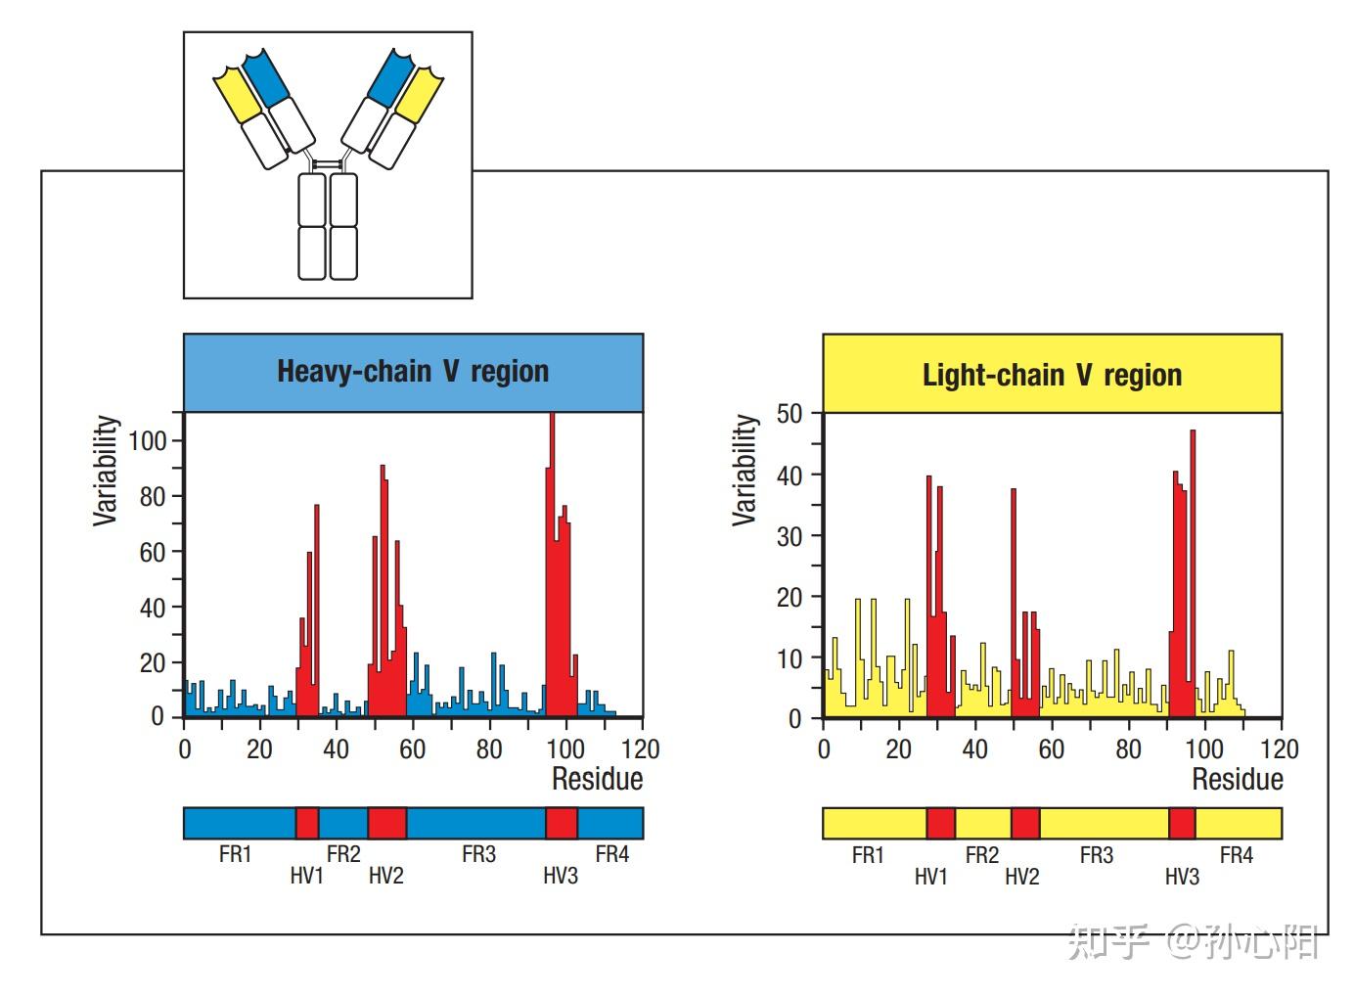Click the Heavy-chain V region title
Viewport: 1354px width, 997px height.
[413, 371]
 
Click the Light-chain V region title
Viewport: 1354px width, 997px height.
[1052, 375]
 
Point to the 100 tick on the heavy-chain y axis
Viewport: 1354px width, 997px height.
[148, 440]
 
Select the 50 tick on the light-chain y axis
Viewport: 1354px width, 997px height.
[790, 414]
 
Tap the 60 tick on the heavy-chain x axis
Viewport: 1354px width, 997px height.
[412, 749]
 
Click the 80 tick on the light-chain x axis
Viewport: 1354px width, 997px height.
[1128, 749]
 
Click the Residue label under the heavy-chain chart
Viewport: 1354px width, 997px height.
[597, 779]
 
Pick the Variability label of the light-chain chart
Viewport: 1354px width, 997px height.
[745, 470]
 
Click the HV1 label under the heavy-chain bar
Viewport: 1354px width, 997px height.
[307, 876]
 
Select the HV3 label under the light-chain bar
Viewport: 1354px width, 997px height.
[1183, 876]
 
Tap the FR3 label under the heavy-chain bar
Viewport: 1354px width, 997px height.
[478, 854]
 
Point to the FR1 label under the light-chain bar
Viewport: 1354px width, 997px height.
[868, 855]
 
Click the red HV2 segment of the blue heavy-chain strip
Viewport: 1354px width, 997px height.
[386, 823]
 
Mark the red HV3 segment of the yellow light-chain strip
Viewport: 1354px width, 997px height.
[1182, 823]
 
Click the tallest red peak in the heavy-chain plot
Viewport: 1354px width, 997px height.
[552, 565]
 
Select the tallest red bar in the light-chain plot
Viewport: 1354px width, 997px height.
[1193, 573]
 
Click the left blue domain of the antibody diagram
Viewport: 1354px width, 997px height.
[266, 78]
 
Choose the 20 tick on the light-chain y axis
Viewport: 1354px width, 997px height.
[790, 598]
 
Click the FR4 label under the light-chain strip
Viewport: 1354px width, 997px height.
[1237, 855]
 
